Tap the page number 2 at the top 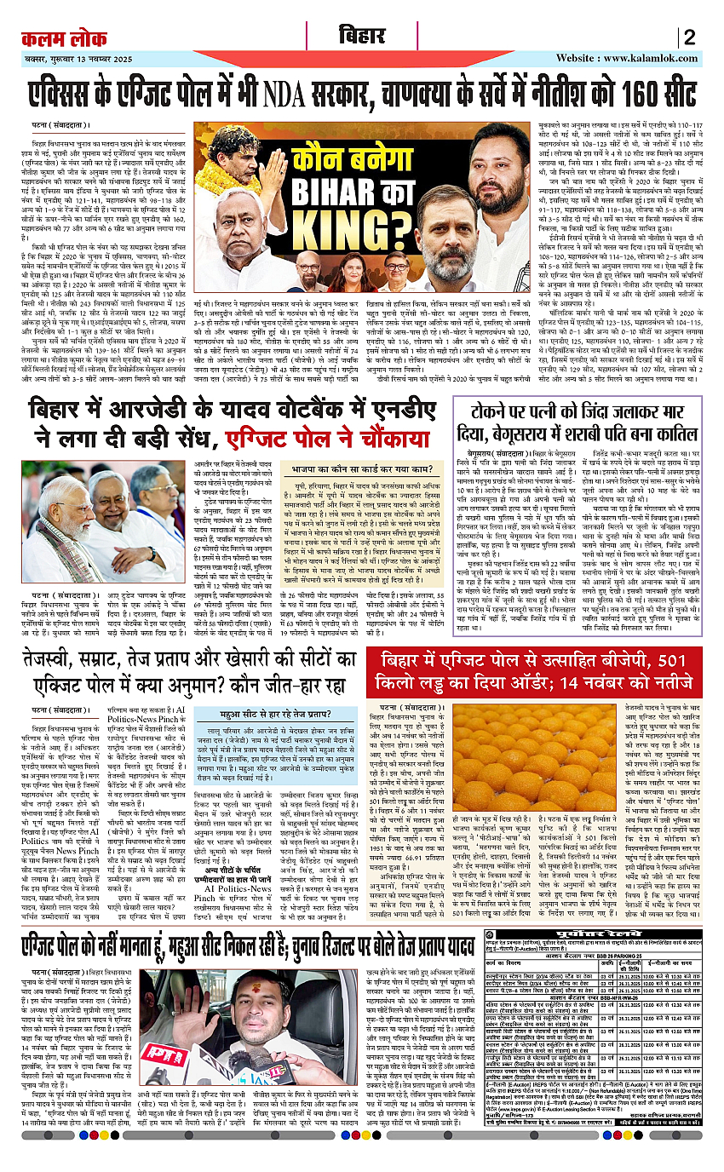(690, 37)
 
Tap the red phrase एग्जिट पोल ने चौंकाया (327, 439)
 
